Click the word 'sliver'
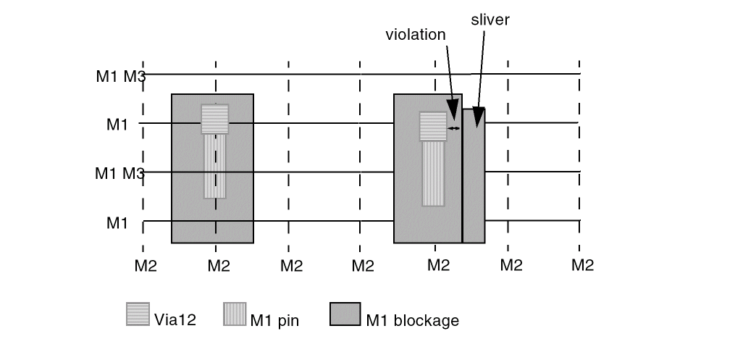[x=490, y=20]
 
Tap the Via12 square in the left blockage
[x=215, y=119]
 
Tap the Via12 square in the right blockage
[x=433, y=125]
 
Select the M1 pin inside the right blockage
[x=433, y=173]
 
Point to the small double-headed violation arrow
[x=454, y=128]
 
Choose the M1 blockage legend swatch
[x=345, y=314]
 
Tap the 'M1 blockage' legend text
[x=412, y=319]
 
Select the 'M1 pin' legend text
[x=273, y=319]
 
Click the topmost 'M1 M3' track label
[x=120, y=75]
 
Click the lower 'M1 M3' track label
[x=119, y=173]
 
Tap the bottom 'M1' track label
[x=117, y=222]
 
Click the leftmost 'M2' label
[x=146, y=266]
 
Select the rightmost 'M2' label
[x=581, y=265]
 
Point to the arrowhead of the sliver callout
[x=477, y=116]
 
